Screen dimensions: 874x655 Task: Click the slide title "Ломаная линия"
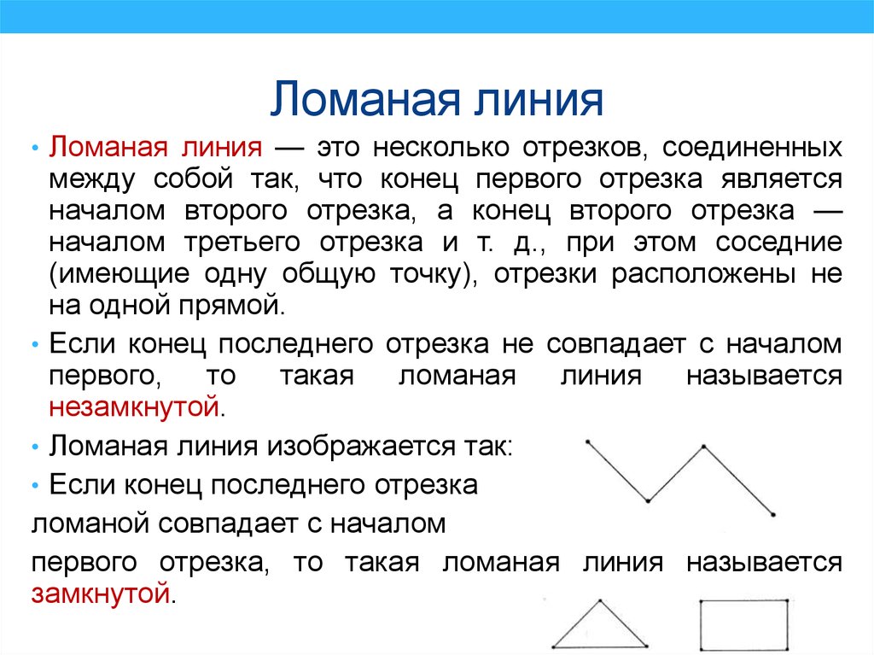(x=436, y=99)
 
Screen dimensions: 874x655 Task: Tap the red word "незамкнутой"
(x=134, y=406)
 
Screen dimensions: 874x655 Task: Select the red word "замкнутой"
(x=101, y=593)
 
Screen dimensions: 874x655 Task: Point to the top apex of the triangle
(x=600, y=601)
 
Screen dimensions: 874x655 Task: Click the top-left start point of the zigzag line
(x=587, y=442)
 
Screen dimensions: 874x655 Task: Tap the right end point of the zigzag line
(x=773, y=514)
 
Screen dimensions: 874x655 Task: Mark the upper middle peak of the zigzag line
(x=704, y=447)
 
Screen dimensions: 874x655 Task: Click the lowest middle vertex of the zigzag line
(x=648, y=500)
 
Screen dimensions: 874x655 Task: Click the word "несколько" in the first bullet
(x=441, y=147)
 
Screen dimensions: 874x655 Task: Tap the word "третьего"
(x=242, y=243)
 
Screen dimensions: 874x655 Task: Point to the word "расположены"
(x=703, y=275)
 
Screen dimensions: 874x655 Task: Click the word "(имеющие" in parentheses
(x=119, y=274)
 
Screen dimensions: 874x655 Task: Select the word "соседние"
(x=778, y=243)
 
